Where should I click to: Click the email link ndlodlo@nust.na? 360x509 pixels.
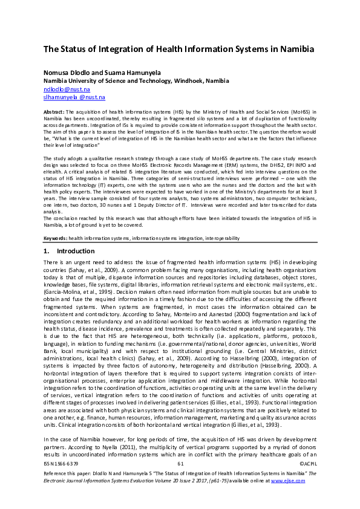click(x=66, y=88)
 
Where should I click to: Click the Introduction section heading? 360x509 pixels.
click(x=76, y=251)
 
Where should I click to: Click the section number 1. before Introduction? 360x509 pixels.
click(x=47, y=251)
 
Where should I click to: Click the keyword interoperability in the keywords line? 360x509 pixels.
click(x=215, y=238)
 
